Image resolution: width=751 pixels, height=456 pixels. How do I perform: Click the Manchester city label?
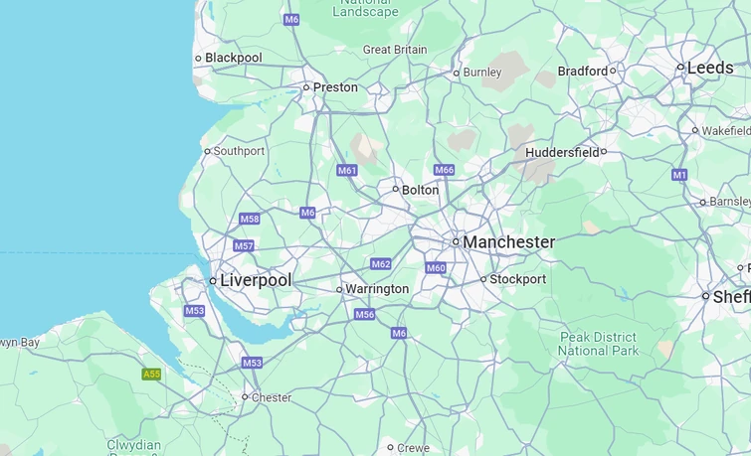tap(508, 242)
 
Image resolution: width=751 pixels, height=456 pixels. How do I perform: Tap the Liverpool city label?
tap(256, 281)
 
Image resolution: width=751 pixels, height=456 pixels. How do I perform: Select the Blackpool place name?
tap(233, 58)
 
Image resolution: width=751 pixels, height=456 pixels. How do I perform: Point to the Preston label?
tap(335, 87)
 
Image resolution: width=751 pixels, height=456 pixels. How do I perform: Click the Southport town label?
tap(239, 151)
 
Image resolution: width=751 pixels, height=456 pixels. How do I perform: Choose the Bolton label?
tap(420, 190)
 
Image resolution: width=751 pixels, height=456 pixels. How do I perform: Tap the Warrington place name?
tap(377, 289)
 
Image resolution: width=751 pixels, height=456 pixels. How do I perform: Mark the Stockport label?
tap(517, 279)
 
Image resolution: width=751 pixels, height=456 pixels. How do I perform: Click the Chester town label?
tap(272, 397)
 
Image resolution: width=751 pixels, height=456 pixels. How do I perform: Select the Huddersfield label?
tap(562, 152)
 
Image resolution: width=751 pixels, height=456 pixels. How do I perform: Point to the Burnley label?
tap(482, 73)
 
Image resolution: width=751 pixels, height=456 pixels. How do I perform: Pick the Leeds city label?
tap(710, 68)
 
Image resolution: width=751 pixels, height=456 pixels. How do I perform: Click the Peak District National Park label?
tap(598, 344)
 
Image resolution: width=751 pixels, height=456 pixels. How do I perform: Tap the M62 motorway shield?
tap(381, 264)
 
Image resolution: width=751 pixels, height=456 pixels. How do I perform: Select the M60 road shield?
tap(436, 268)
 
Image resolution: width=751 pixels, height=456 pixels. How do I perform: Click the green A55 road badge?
tap(151, 375)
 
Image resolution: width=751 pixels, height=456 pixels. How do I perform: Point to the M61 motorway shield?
tap(347, 171)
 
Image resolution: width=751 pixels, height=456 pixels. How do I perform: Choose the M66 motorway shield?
tap(444, 170)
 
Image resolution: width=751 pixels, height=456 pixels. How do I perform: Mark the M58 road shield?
tap(250, 219)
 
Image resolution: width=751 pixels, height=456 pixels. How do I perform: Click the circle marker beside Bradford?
tap(613, 71)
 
